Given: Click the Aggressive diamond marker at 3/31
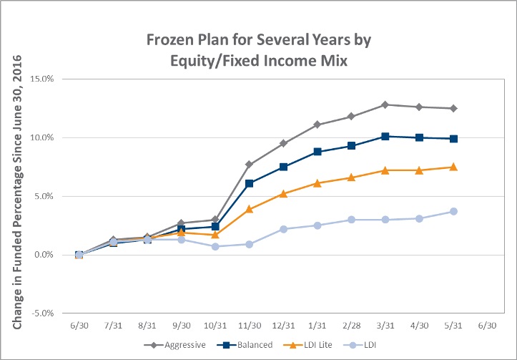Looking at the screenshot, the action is (385, 104).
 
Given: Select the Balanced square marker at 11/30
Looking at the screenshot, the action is (250, 183).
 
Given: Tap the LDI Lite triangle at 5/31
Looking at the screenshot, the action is (453, 167).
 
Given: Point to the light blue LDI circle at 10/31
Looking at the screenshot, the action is (215, 246).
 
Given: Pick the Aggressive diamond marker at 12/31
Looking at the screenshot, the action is (283, 143).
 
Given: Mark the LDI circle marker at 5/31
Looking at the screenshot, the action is (453, 211).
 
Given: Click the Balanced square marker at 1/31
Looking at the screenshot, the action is (317, 152).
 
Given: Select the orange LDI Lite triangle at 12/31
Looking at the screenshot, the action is (283, 194).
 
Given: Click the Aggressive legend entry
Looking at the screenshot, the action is (174, 345).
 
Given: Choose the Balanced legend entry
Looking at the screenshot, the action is (245, 345).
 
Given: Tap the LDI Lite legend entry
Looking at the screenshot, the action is (307, 345).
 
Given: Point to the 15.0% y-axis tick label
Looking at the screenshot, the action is (42, 79).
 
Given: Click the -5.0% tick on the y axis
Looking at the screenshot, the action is (42, 313).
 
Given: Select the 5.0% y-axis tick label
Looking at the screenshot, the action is (44, 196).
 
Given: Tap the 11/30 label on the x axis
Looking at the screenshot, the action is (250, 326).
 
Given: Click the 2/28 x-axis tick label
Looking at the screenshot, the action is (352, 326).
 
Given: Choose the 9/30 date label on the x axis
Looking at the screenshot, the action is (182, 326).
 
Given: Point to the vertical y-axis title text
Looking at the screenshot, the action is (17, 192).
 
